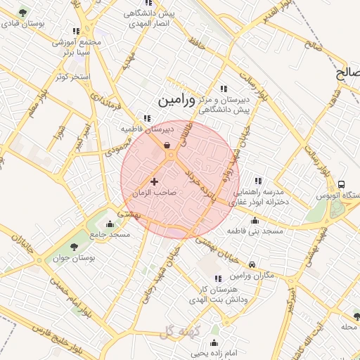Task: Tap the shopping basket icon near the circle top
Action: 168,146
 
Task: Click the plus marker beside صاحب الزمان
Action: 155,181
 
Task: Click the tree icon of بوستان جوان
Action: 74,246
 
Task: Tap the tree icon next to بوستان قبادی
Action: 24,13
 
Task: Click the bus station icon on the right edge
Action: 342,184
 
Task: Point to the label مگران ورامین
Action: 253,274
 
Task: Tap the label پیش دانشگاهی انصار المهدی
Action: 148,20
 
